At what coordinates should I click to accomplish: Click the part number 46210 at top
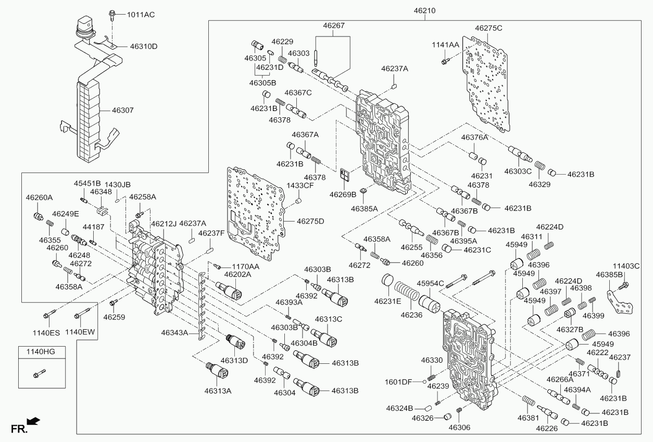pos(424,11)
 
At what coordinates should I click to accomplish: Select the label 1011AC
pos(141,15)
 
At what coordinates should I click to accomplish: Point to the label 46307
pos(123,110)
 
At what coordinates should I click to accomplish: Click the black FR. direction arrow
pos(33,421)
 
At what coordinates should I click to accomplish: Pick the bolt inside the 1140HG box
pos(40,373)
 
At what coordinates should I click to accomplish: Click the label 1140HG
pos(41,351)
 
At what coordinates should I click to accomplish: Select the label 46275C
pos(488,28)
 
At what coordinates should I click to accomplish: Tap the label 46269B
pos(343,194)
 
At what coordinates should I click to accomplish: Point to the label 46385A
pos(365,208)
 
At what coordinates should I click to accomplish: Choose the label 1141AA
pos(445,45)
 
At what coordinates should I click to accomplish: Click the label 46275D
pos(310,222)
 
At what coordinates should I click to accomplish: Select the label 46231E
pos(388,301)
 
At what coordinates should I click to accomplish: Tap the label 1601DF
pos(398,382)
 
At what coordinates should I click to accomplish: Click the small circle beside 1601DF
pos(425,382)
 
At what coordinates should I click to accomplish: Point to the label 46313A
pos(218,391)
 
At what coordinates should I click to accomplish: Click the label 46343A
pos(174,333)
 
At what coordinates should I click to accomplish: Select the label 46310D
pos(144,46)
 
